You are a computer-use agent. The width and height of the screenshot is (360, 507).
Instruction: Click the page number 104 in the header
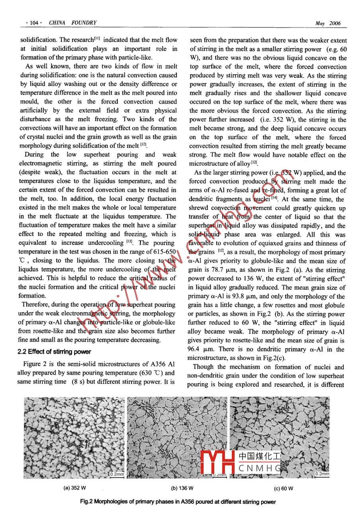point(33,23)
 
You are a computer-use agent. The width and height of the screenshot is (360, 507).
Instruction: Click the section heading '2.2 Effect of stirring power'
point(54,352)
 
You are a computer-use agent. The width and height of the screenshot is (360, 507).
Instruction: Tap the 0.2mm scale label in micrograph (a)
point(117,474)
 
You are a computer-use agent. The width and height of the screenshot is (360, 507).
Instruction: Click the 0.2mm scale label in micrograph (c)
point(322,474)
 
